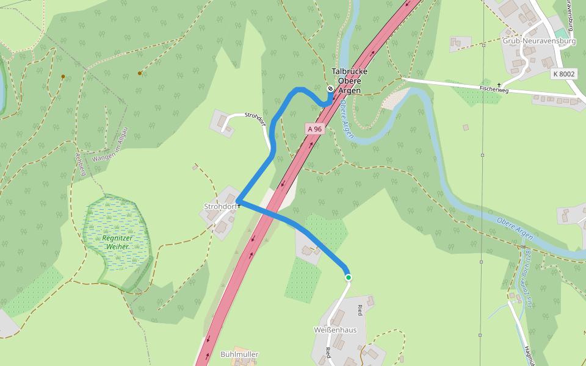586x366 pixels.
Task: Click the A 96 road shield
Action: [x=314, y=129]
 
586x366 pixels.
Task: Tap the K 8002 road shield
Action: [x=563, y=74]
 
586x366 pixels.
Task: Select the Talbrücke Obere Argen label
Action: [x=349, y=81]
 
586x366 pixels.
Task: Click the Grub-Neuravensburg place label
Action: [x=539, y=41]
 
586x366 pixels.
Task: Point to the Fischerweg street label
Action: [x=494, y=89]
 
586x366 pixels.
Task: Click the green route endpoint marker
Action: [x=349, y=278]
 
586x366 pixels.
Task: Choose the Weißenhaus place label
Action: [x=335, y=330]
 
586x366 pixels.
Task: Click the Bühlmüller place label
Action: [x=239, y=354]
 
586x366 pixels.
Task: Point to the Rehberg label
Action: [x=79, y=163]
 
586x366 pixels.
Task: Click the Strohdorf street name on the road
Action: [x=256, y=119]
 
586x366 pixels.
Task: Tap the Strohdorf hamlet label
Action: [x=220, y=206]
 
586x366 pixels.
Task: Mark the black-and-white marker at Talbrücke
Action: [x=330, y=88]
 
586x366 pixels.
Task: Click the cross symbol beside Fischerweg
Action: [x=499, y=85]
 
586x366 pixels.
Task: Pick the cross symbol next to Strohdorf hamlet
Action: [x=239, y=206]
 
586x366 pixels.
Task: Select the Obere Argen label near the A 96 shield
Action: [x=346, y=119]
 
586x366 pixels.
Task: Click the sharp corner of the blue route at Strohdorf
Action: [x=237, y=200]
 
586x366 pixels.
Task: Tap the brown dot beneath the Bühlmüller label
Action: [x=239, y=362]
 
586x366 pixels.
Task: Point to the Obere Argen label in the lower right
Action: [x=515, y=229]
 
